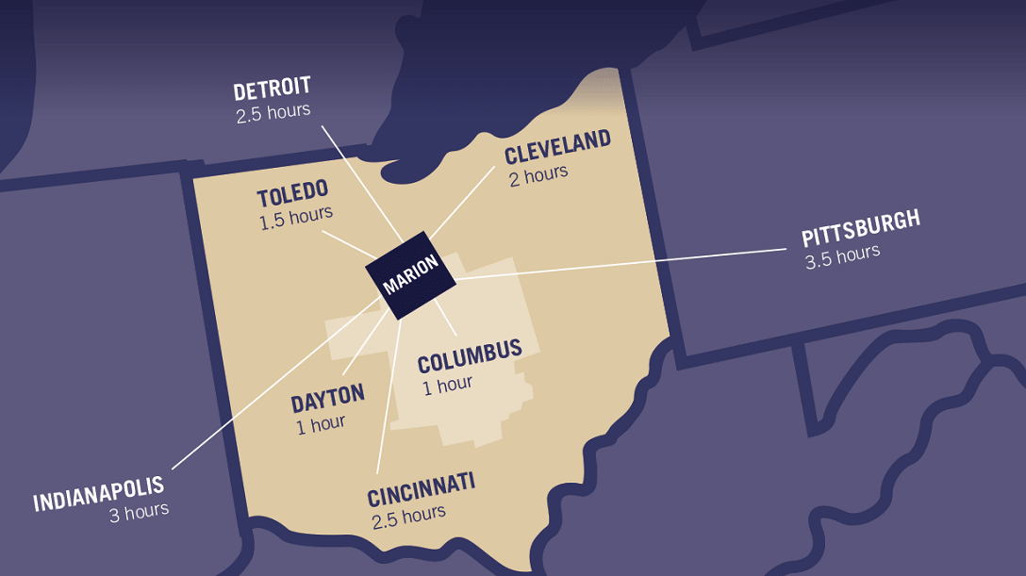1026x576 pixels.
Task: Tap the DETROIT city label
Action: coord(272,91)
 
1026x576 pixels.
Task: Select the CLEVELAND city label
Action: coord(557,147)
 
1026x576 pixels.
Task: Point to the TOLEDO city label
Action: coord(292,195)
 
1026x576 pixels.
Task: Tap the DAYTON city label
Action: coord(327,399)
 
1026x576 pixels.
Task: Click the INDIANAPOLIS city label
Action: coord(98,493)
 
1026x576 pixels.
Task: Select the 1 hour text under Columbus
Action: coord(447,385)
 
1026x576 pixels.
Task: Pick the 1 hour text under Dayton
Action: coord(321,424)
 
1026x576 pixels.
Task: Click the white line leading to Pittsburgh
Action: coord(622,264)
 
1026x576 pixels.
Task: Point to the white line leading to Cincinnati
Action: coord(388,396)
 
